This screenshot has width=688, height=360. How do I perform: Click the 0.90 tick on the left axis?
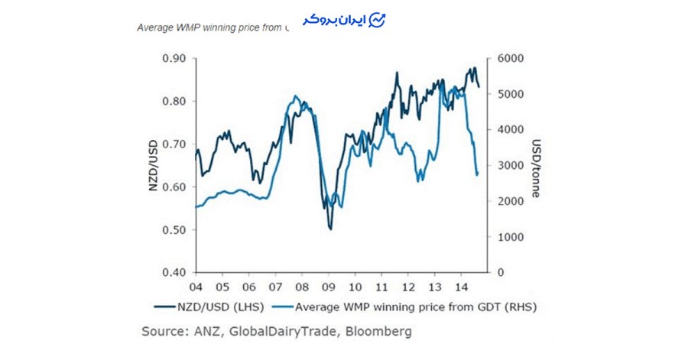[x=173, y=59]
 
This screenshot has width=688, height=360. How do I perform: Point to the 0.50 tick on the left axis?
[x=173, y=230]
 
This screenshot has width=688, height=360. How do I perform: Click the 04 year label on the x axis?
[x=197, y=287]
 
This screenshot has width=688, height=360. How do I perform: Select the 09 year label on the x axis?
[x=329, y=287]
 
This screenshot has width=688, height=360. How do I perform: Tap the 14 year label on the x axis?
[x=461, y=287]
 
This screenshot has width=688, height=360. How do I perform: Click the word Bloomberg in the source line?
[x=381, y=332]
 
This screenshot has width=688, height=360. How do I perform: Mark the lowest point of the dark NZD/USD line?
[x=330, y=228]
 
